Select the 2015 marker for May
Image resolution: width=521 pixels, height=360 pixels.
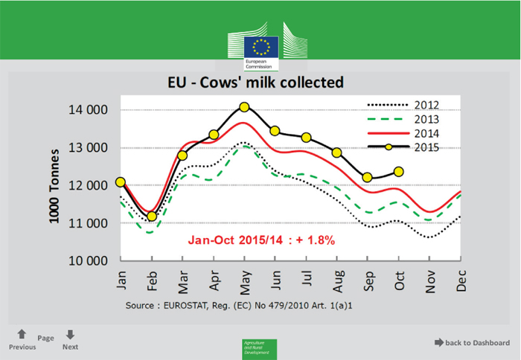coord(244,107)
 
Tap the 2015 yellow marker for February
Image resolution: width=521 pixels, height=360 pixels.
coord(152,216)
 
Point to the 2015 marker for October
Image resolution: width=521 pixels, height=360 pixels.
coord(399,172)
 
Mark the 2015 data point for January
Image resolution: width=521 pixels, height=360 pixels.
coord(121,182)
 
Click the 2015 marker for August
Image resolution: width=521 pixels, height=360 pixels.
coord(336,152)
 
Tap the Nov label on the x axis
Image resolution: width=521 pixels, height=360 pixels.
coord(429,281)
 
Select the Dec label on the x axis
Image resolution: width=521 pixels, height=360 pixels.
coord(461,281)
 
